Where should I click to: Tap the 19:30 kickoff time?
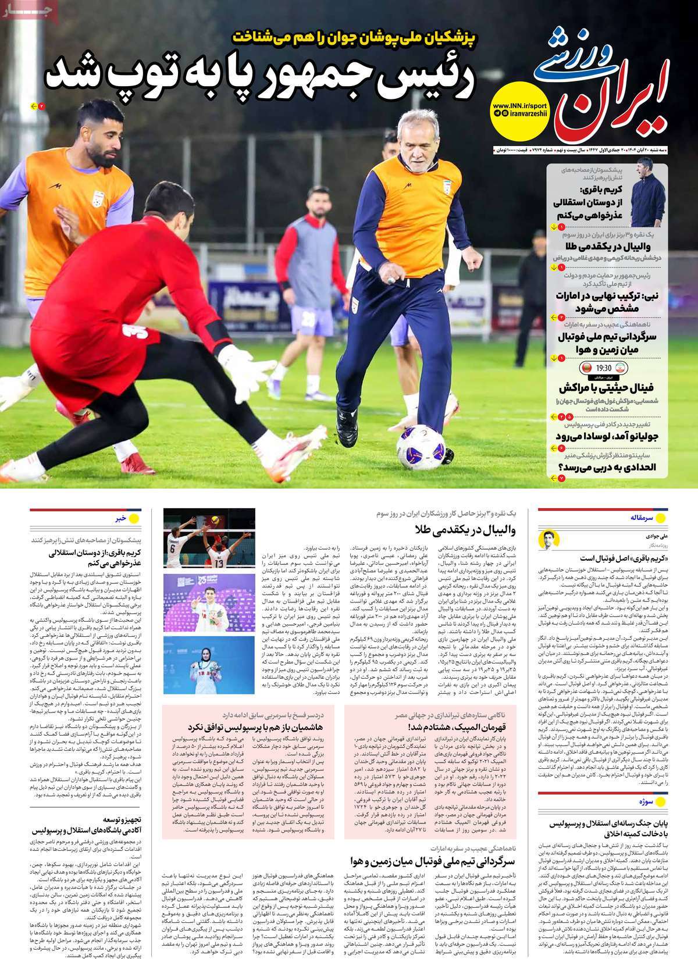point(603,368)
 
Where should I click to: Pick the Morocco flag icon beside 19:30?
point(586,369)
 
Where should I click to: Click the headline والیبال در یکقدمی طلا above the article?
point(465,530)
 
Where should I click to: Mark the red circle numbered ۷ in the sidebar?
point(562,477)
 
